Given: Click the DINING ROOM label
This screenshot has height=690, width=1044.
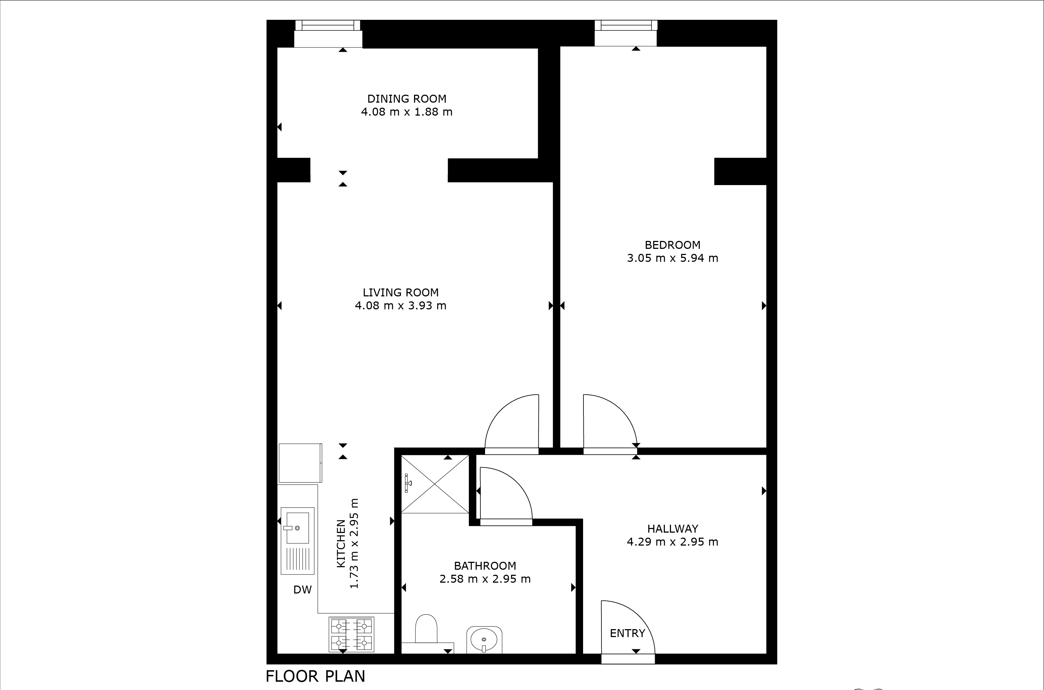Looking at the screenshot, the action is pyautogui.click(x=407, y=99).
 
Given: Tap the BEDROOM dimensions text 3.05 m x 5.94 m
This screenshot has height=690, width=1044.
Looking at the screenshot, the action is pyautogui.click(x=672, y=258).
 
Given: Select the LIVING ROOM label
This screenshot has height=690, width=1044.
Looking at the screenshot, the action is pyautogui.click(x=401, y=292).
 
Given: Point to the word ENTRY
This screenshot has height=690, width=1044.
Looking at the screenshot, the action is pyautogui.click(x=627, y=633).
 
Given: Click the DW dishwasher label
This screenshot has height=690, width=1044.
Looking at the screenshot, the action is pyautogui.click(x=302, y=590).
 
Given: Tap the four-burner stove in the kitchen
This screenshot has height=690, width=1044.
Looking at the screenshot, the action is pyautogui.click(x=351, y=634).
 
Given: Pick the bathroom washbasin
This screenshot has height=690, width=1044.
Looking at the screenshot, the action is pyautogui.click(x=484, y=639).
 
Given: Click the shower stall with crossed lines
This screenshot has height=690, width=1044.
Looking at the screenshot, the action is pyautogui.click(x=435, y=484).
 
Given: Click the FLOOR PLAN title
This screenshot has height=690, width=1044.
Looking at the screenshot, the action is pyautogui.click(x=315, y=676).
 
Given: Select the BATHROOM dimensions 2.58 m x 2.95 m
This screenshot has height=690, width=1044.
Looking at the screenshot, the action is pyautogui.click(x=485, y=579).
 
